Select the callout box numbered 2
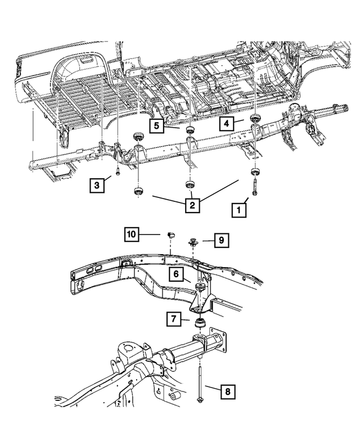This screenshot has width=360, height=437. click(x=192, y=205)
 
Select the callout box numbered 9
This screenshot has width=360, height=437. click(x=222, y=241)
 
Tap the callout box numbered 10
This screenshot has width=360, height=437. click(x=131, y=234)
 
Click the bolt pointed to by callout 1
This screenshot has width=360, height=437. click(x=255, y=186)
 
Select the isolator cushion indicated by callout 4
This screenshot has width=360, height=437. click(x=254, y=117)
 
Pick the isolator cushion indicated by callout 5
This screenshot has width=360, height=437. click(x=190, y=131)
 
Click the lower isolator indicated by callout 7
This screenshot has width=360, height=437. click(x=200, y=323)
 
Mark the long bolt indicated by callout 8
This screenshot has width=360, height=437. click(x=200, y=382)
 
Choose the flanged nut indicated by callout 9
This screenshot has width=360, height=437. click(x=194, y=244)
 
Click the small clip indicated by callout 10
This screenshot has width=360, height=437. click(x=170, y=234)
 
